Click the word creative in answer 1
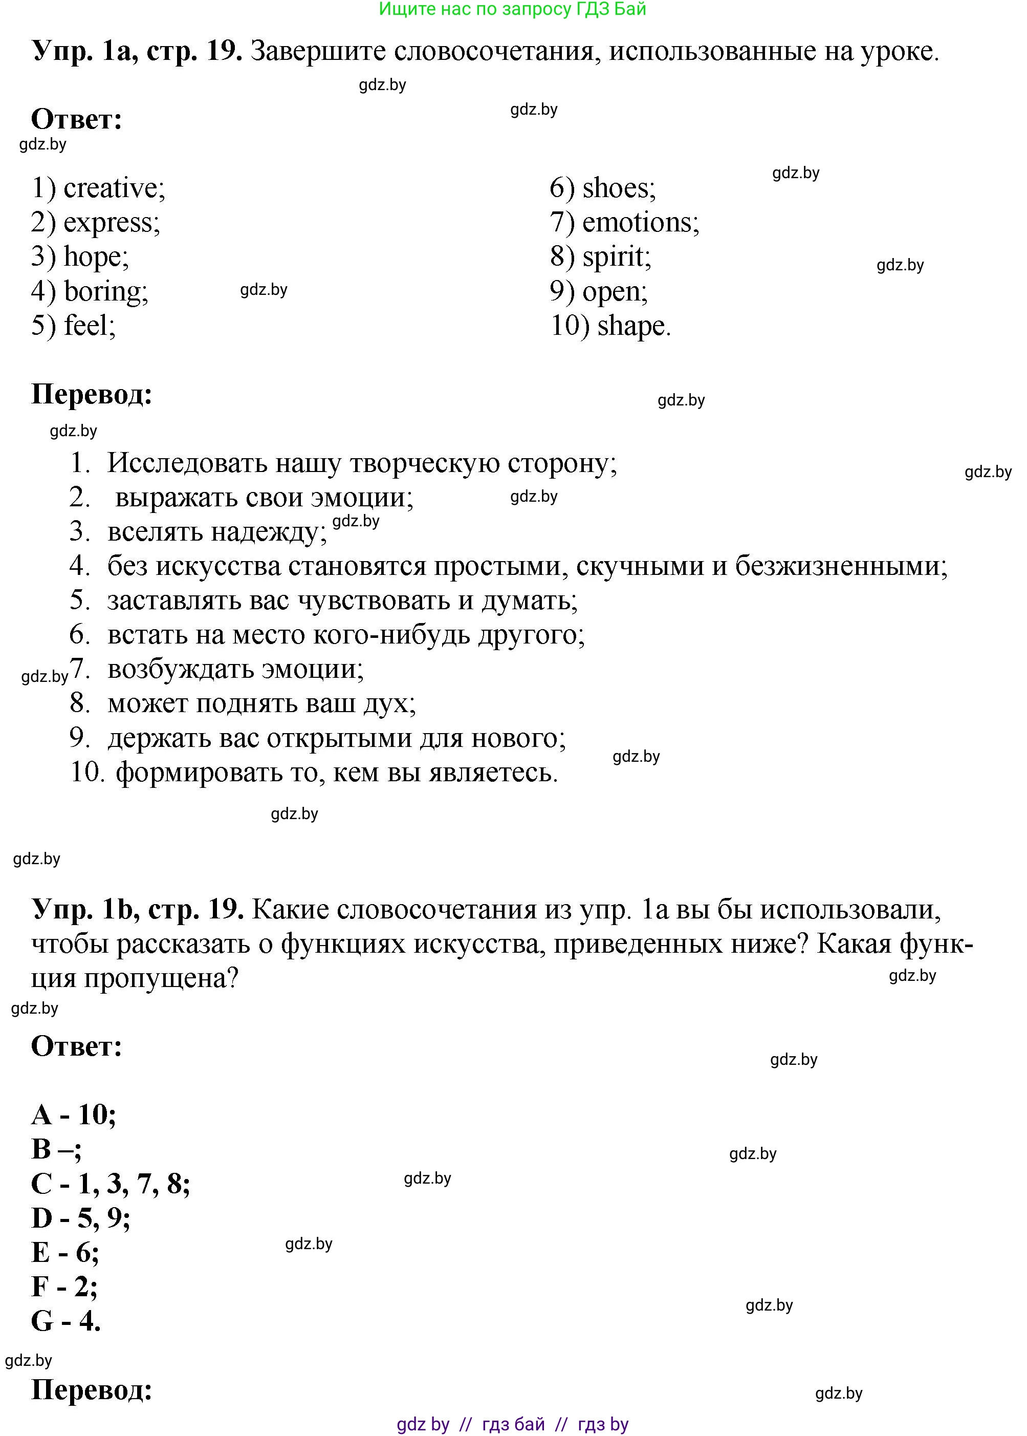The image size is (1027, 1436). (114, 188)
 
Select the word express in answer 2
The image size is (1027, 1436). (112, 223)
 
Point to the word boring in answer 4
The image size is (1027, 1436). (105, 292)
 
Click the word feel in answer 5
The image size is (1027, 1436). (89, 326)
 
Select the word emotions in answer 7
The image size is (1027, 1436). (640, 223)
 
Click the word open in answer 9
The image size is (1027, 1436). (614, 292)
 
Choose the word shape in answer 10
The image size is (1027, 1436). (633, 326)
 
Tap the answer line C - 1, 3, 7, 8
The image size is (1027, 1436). (111, 1184)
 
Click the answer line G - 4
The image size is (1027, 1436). (66, 1321)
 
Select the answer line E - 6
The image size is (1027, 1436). (64, 1252)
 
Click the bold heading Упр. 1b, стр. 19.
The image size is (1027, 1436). (138, 910)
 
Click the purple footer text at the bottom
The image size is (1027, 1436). (512, 1424)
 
